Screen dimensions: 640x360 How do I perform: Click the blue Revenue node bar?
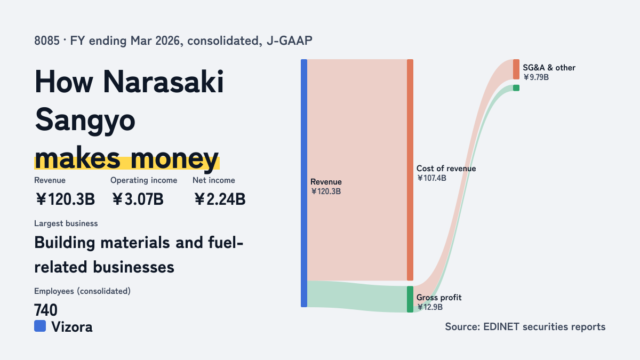point(304,183)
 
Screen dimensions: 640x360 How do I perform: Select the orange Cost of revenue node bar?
point(410,170)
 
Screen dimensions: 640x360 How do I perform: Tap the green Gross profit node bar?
point(410,299)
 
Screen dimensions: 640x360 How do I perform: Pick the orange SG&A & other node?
point(516,69)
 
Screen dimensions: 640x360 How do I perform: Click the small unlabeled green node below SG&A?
point(516,88)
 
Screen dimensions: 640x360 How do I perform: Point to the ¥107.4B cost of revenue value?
point(431,178)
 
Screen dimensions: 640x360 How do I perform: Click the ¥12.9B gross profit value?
point(430,307)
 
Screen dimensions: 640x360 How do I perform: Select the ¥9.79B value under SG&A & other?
point(536,77)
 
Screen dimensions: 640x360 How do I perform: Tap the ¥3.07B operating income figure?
point(138,199)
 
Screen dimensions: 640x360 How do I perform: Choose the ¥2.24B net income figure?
point(219,199)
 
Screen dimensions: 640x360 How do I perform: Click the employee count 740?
point(46,310)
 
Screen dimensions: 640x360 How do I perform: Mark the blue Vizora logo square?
point(40,326)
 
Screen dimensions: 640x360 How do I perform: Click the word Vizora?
point(72,327)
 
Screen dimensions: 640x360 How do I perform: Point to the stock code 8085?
point(47,41)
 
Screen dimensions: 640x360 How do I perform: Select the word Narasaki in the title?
point(163,82)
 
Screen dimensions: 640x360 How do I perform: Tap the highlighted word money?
point(174,159)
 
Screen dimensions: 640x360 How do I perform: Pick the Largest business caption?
point(66,223)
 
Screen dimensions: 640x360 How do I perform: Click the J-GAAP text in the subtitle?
point(290,41)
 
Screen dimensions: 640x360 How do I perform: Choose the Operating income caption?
point(143,180)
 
